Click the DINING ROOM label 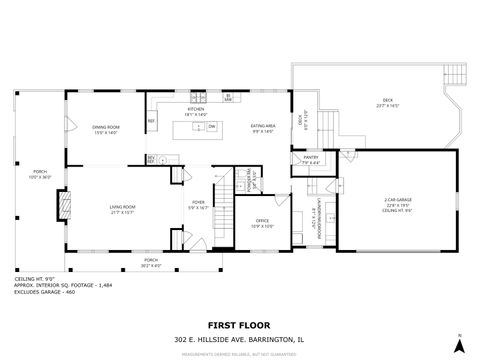tap(106, 127)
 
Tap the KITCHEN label tap(195, 109)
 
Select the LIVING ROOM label tap(123, 207)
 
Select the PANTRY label tap(311, 158)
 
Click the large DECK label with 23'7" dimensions tap(387, 100)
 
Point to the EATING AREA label tap(264, 126)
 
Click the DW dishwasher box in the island tap(212, 126)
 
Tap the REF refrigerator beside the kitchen tap(151, 121)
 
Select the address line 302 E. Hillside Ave tap(239, 338)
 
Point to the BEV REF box tap(152, 159)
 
